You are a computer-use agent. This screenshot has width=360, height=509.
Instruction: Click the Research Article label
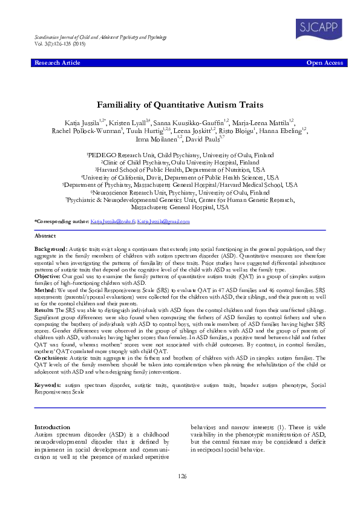pos(57,63)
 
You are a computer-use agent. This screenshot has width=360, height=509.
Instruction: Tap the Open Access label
pos(325,63)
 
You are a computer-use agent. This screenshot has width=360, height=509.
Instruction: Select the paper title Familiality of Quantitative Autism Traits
pos(180,105)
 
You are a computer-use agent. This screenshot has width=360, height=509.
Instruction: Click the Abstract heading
pos(45,235)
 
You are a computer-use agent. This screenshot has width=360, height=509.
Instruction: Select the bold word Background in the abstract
pos(50,249)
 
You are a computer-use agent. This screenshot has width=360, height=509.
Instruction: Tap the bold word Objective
pos(47,275)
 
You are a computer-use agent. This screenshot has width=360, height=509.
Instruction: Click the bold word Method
pos(45,291)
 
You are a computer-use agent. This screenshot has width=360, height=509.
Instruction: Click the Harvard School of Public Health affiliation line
pos(180,170)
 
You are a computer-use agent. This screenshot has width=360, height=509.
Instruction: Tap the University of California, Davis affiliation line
pos(180,178)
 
